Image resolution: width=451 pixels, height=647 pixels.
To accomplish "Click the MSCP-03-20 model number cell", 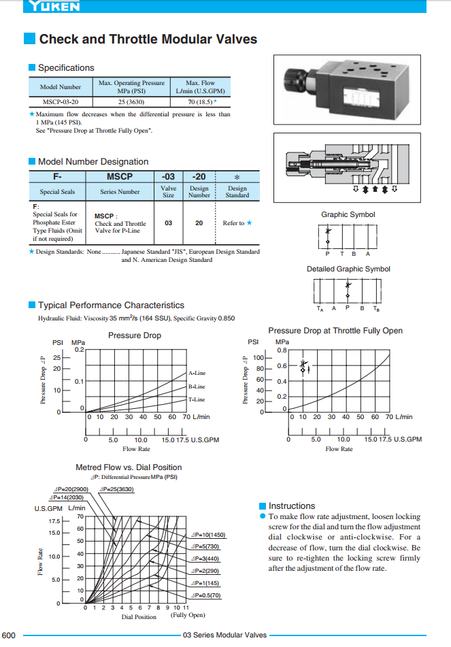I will pyautogui.click(x=61, y=101).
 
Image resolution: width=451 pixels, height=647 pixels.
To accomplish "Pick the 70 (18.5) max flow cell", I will pyautogui.click(x=199, y=101).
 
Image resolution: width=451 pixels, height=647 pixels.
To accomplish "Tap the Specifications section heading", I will pyautogui.click(x=66, y=67).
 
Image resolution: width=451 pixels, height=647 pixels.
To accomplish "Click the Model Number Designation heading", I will pyautogui.click(x=93, y=161).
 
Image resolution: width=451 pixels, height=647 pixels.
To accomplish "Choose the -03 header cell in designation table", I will pyautogui.click(x=168, y=176).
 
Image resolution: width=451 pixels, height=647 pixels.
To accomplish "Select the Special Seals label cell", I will pyautogui.click(x=58, y=192).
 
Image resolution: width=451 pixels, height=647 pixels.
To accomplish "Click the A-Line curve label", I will pyautogui.click(x=197, y=373).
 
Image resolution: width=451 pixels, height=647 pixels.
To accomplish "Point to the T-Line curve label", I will pyautogui.click(x=197, y=399).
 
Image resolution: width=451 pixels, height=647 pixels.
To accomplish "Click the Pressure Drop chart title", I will pyautogui.click(x=134, y=335).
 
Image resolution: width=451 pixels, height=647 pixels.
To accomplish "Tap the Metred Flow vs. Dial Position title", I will pyautogui.click(x=129, y=467).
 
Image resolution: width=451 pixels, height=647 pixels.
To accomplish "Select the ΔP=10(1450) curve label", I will pyautogui.click(x=209, y=535).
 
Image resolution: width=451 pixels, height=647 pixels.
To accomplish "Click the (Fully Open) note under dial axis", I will pyautogui.click(x=187, y=615).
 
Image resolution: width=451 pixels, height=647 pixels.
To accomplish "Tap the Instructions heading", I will pyautogui.click(x=292, y=505).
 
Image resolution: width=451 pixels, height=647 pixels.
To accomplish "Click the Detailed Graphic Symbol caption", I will pyautogui.click(x=348, y=269).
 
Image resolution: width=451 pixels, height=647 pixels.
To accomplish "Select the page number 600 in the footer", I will pyautogui.click(x=9, y=635).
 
